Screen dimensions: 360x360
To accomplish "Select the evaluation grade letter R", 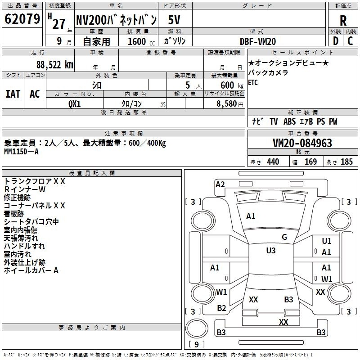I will click(343, 21).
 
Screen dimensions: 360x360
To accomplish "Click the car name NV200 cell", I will click(116, 20).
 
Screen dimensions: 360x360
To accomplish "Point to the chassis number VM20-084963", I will click(302, 143).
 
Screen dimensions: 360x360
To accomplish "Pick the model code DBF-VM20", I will click(258, 41).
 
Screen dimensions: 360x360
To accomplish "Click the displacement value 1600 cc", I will click(137, 41).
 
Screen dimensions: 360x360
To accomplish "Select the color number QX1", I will click(74, 103).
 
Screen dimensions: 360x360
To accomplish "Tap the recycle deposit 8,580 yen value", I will click(229, 103).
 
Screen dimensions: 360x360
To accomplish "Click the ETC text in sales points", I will click(253, 83).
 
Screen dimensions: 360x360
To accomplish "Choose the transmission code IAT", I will click(13, 94).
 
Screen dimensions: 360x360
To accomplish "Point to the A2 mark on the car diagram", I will click(220, 184).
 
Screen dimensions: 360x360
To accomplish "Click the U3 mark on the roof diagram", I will click(271, 251).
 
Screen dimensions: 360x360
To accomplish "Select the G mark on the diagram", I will click(284, 237).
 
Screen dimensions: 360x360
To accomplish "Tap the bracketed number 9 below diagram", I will click(197, 344).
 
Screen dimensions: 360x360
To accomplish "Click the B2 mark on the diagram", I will click(221, 308).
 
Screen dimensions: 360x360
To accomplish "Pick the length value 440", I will click(273, 162).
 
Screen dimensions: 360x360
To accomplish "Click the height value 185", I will click(346, 162).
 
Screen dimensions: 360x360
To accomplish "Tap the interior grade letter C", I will click(350, 41).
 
